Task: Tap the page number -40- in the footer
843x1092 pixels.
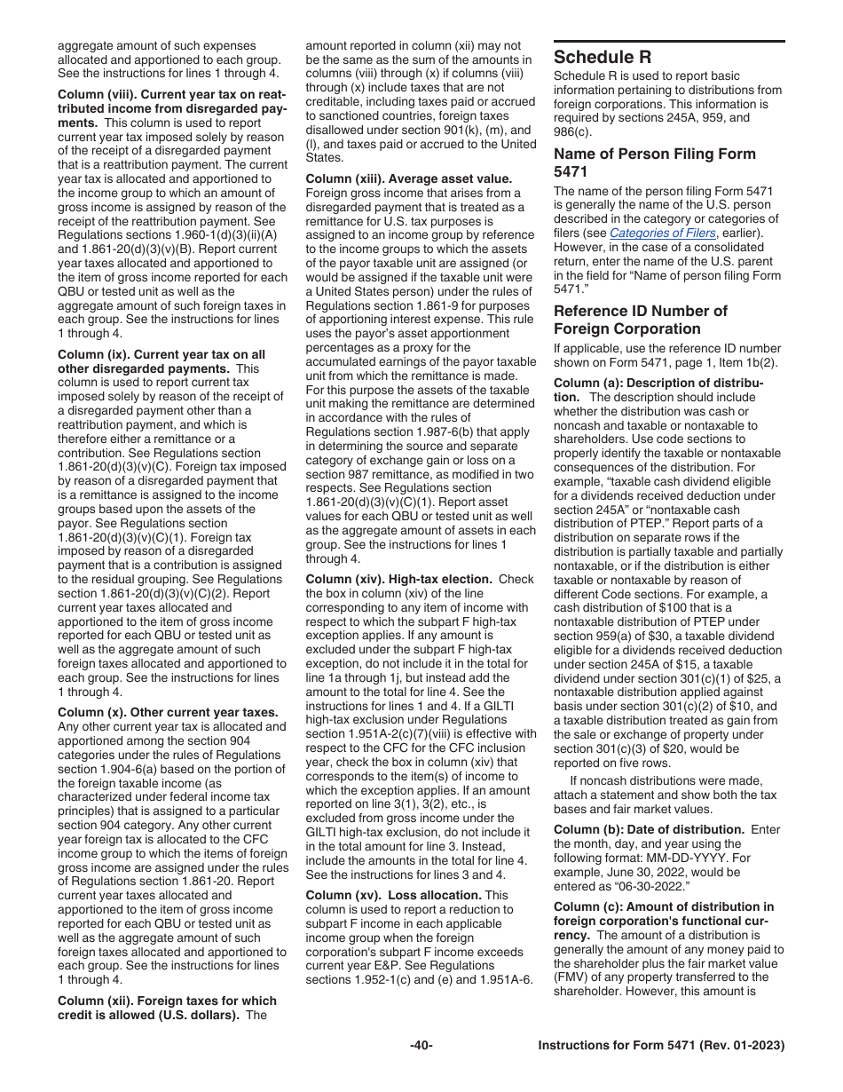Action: tap(421, 1046)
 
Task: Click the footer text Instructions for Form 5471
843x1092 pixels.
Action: tap(661, 1046)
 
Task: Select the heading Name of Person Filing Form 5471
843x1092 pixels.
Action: tap(654, 162)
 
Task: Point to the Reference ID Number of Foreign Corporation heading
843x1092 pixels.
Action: tap(640, 320)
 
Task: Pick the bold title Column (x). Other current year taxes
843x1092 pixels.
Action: tap(168, 712)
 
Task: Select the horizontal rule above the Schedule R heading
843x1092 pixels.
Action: tap(669, 41)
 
